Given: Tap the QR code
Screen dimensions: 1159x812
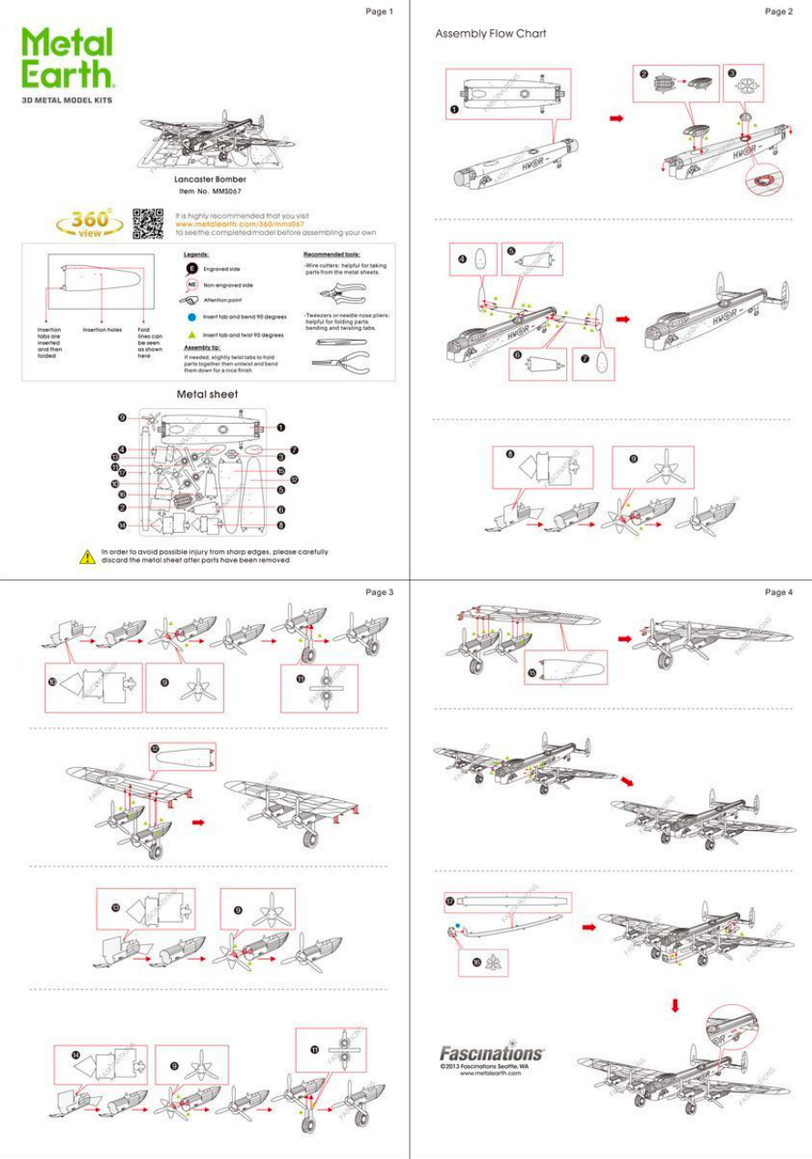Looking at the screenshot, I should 147,221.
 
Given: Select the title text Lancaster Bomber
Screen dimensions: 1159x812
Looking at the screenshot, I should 210,180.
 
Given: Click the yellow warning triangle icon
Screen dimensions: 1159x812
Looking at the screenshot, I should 87,556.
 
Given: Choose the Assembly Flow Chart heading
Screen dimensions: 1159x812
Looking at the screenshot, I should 491,34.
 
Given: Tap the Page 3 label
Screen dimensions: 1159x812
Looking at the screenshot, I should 379,592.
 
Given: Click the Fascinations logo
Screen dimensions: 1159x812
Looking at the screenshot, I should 492,1054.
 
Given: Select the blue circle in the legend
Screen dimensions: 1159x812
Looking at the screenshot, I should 192,317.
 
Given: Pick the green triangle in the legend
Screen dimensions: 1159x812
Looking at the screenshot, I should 192,334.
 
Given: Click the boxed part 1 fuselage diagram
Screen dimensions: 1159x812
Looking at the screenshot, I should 508,94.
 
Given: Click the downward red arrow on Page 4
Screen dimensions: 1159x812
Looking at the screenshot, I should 675,1006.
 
